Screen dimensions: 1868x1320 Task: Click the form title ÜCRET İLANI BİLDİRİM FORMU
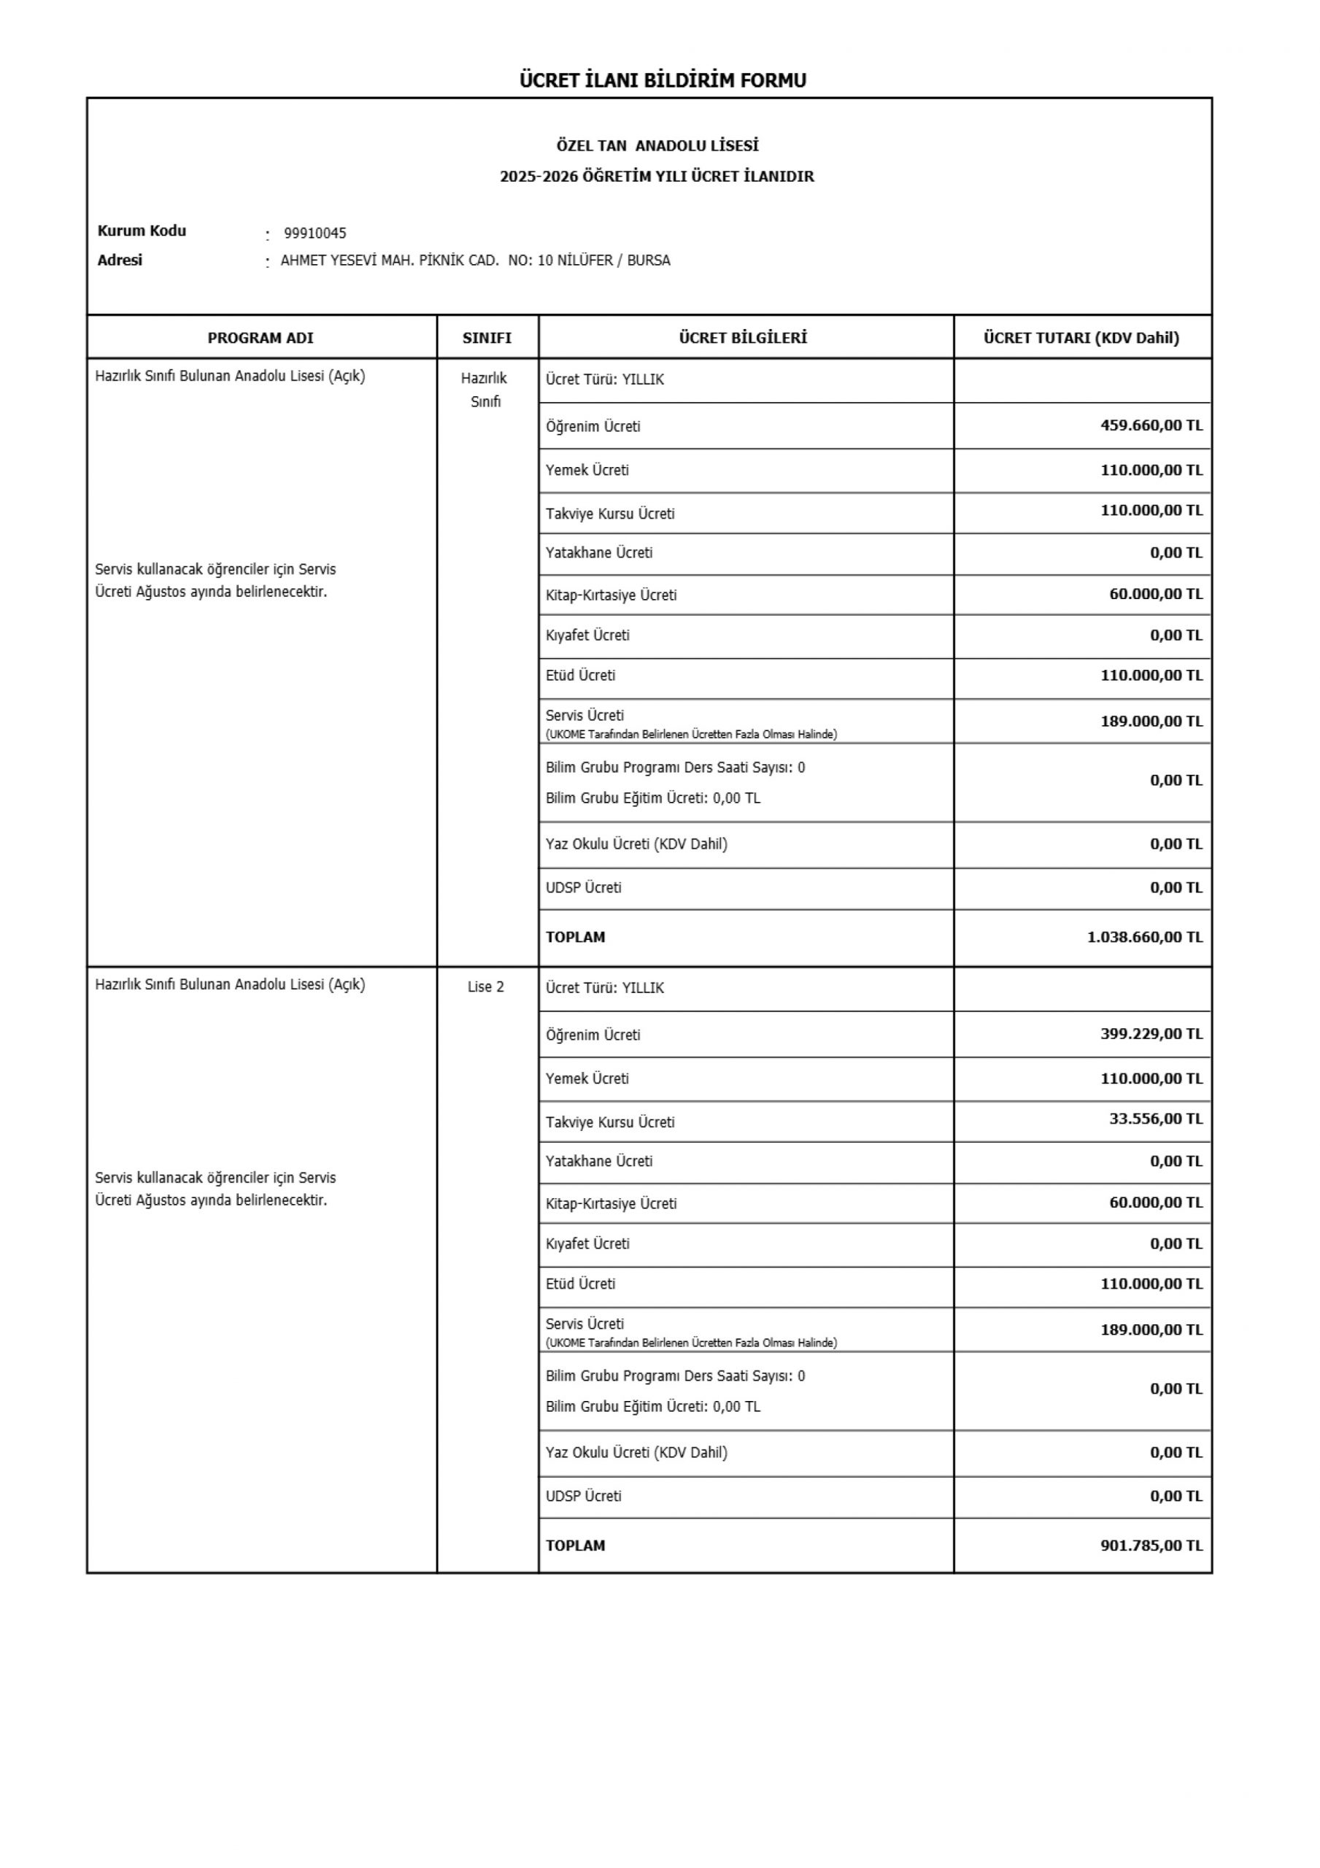tap(663, 80)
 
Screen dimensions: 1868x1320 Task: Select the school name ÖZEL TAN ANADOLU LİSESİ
tap(657, 146)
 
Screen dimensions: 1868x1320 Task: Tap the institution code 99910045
tap(315, 233)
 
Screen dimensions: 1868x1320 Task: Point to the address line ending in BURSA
tap(475, 261)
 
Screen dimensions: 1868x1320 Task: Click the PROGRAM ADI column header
tap(260, 338)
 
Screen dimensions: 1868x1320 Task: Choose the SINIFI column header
tap(487, 338)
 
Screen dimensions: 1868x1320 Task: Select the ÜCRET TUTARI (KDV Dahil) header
tap(1081, 338)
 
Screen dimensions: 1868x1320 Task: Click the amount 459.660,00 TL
tap(1151, 425)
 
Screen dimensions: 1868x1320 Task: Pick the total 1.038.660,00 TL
tap(1144, 937)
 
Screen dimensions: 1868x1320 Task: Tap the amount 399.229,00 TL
tap(1151, 1034)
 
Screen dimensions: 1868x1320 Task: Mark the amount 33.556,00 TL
tap(1156, 1119)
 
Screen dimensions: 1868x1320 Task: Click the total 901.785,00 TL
tap(1151, 1545)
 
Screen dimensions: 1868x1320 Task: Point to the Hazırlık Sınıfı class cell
tap(485, 390)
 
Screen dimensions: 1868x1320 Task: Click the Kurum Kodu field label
tap(142, 231)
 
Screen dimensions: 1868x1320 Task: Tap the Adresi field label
tap(120, 260)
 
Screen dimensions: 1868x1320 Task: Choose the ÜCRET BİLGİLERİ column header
tap(743, 338)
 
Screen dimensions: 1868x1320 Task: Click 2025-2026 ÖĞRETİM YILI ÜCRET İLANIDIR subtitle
tap(657, 177)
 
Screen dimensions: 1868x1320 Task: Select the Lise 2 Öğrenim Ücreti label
tap(593, 1035)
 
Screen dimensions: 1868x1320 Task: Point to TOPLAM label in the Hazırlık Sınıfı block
tap(576, 937)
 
